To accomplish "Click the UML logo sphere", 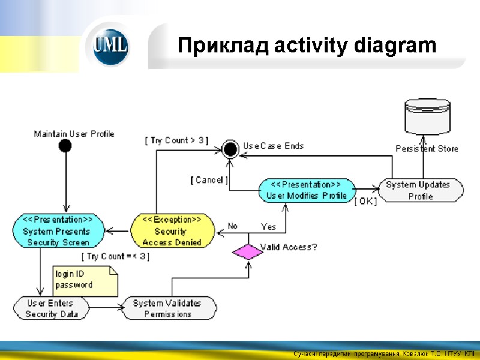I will click(x=110, y=46).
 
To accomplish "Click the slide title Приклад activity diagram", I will click(x=307, y=45).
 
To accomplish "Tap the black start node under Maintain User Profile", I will click(x=65, y=146).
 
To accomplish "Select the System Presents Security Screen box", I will click(x=58, y=231).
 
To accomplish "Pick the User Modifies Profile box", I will click(x=306, y=190).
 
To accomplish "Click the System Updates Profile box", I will click(x=421, y=190).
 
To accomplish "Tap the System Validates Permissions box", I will click(x=167, y=308).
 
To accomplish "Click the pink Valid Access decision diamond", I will click(x=248, y=251).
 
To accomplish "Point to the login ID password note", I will click(x=84, y=280).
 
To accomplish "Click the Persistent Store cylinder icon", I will click(x=427, y=118).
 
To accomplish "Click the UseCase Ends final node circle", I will click(x=229, y=148).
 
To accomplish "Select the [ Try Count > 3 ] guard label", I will click(x=176, y=140).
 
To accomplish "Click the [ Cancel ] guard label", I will click(x=208, y=180).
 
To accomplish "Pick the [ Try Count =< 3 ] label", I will click(x=116, y=256).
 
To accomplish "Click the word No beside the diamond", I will click(x=232, y=226).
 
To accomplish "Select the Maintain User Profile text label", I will click(x=74, y=134).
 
